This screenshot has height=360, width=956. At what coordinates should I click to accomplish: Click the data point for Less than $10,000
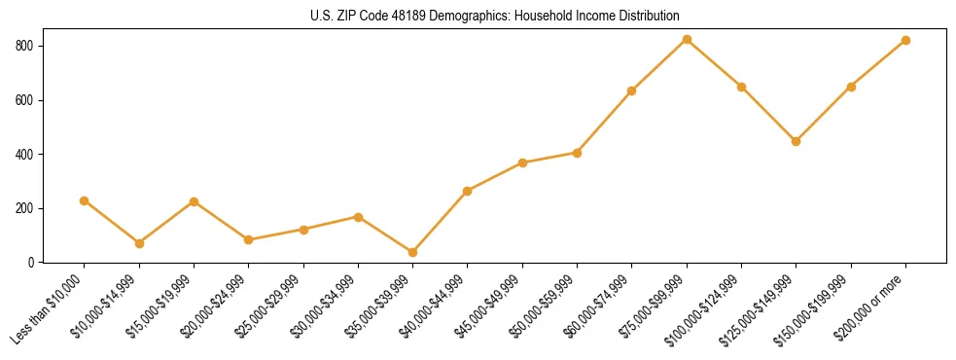coord(85,200)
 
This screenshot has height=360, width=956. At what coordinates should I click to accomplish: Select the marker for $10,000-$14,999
coord(139,243)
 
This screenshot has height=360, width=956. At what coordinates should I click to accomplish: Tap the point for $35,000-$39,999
coord(413,252)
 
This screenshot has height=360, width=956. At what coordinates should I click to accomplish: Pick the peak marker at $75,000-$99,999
coord(687,39)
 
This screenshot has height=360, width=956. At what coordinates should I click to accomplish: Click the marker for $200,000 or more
coord(906,40)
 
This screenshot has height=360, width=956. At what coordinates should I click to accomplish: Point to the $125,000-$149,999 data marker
coord(797,141)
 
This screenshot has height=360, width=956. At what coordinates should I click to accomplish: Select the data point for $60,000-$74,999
coord(632,90)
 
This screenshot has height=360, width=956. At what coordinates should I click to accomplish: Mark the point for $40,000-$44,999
coord(468,191)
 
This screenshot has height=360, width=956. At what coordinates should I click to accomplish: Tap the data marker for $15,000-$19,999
coord(195,201)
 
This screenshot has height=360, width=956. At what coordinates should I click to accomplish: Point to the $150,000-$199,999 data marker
coord(851,87)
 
